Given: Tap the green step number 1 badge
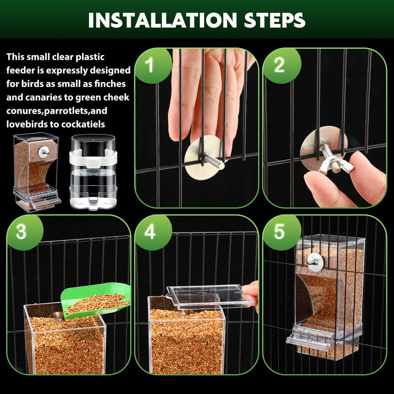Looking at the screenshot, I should [x=150, y=65].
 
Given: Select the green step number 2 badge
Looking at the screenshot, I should [x=279, y=65].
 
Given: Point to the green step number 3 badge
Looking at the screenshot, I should [x=21, y=232].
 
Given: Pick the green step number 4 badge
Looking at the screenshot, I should [x=150, y=232].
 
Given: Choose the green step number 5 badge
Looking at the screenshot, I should [x=279, y=232].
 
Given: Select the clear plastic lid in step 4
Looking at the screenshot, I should [x=209, y=296].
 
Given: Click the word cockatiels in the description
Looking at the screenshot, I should [x=82, y=124].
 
